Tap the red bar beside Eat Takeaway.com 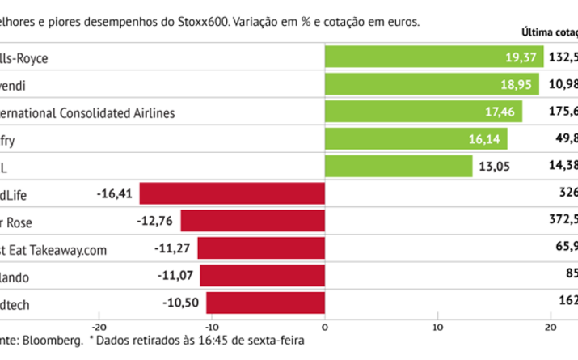[260, 248]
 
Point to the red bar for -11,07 [262, 275]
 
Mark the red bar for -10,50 [265, 303]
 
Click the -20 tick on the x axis [99, 327]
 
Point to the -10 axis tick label [212, 327]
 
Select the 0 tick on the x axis [325, 327]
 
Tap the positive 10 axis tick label [437, 327]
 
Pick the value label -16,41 [113, 194]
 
